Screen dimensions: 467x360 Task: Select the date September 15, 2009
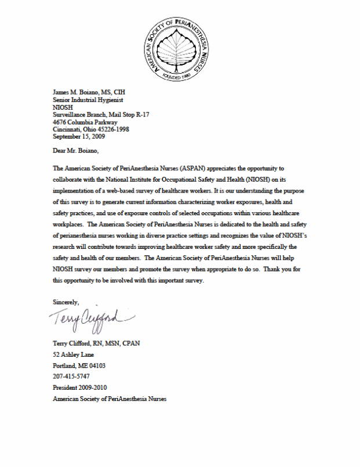tap(79, 137)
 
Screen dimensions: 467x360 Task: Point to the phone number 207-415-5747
tap(71, 376)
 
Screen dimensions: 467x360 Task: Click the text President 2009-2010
tap(80, 387)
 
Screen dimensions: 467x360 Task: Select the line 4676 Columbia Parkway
tap(85, 122)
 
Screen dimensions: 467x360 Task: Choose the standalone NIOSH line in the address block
tap(63, 107)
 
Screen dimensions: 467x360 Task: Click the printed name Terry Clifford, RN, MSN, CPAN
tap(96, 343)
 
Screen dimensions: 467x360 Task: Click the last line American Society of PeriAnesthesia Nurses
tap(110, 398)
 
